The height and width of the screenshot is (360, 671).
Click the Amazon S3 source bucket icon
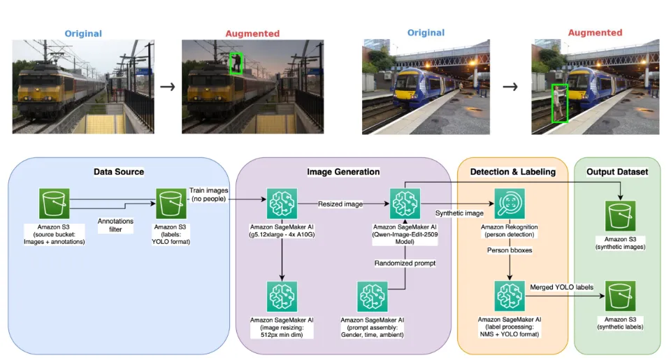(x=55, y=203)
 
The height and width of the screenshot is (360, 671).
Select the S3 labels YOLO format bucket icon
(x=171, y=203)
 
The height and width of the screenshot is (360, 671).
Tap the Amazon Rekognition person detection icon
(x=510, y=203)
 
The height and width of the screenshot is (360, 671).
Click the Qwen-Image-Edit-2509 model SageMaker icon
(x=405, y=203)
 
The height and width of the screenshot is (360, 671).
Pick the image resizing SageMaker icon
(x=282, y=296)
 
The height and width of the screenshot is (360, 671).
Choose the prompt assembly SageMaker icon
(x=373, y=296)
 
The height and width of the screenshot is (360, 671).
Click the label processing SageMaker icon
(x=510, y=296)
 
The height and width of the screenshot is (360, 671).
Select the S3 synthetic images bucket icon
(x=621, y=216)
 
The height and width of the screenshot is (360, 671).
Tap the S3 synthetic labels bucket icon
(x=621, y=296)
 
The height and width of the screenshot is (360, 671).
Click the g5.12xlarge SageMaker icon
(x=282, y=203)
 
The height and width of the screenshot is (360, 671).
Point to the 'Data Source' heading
(x=119, y=172)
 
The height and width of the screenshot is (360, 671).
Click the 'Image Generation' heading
(x=343, y=172)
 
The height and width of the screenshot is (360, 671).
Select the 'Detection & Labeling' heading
(x=512, y=172)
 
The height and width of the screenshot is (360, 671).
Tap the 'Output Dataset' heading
(x=617, y=172)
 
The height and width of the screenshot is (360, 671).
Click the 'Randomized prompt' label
(x=405, y=263)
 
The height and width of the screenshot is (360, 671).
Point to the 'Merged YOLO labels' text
(x=561, y=287)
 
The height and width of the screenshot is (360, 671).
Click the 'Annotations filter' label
(x=115, y=225)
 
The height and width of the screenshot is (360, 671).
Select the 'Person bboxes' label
(x=510, y=250)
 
